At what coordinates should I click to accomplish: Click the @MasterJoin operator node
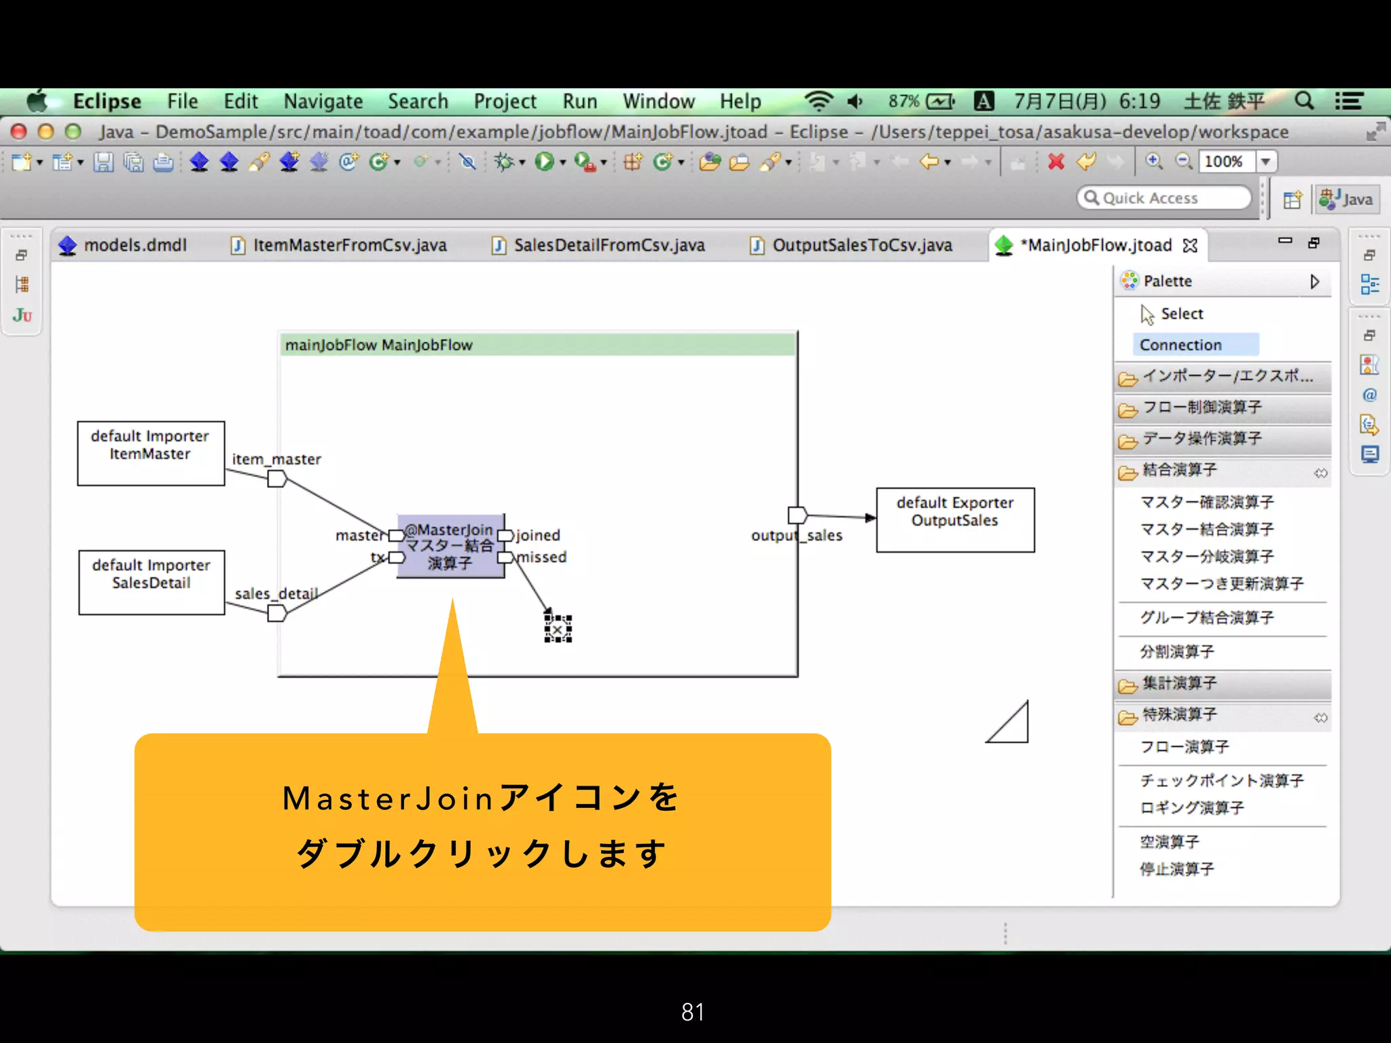(x=450, y=546)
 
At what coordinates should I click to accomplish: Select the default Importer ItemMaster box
(x=151, y=453)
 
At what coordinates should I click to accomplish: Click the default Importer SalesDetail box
(x=151, y=582)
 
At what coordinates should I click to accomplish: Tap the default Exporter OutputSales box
(x=955, y=519)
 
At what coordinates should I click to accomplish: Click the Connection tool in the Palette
(x=1180, y=345)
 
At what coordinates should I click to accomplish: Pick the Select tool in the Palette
(x=1181, y=314)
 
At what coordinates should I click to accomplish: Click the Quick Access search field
(x=1164, y=198)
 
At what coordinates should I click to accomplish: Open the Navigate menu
(x=323, y=102)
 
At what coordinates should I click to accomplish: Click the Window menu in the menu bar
(x=658, y=102)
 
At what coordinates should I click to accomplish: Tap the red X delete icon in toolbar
(x=1055, y=162)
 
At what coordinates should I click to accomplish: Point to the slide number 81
(x=693, y=1012)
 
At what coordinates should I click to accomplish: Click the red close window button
(x=19, y=131)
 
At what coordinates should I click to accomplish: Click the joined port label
(x=538, y=535)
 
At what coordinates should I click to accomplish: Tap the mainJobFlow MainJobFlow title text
(x=378, y=345)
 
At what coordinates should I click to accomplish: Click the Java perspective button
(x=1347, y=199)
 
